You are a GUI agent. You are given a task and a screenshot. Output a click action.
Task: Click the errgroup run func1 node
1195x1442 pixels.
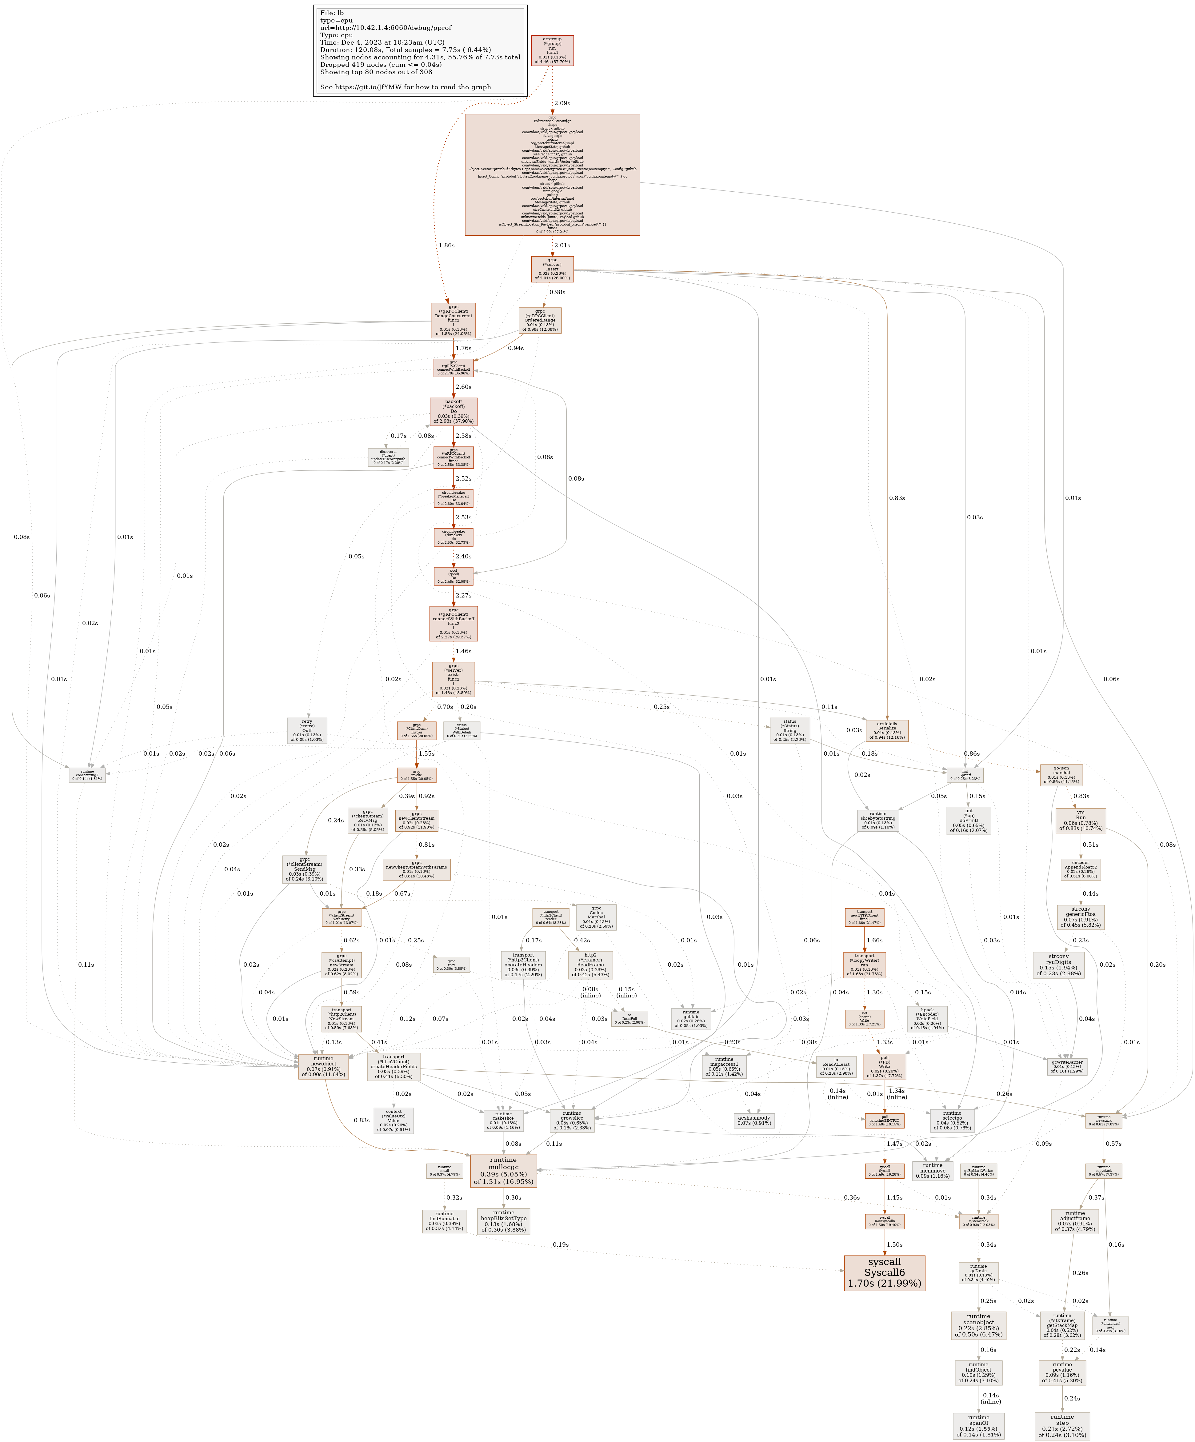click(x=552, y=51)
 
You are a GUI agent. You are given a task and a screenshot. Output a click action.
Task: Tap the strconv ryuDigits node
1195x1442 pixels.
click(x=1058, y=964)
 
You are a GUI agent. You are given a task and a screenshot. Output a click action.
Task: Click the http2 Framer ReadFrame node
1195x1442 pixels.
click(x=590, y=965)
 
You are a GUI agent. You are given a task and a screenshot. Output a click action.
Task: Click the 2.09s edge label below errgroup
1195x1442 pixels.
click(x=562, y=103)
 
